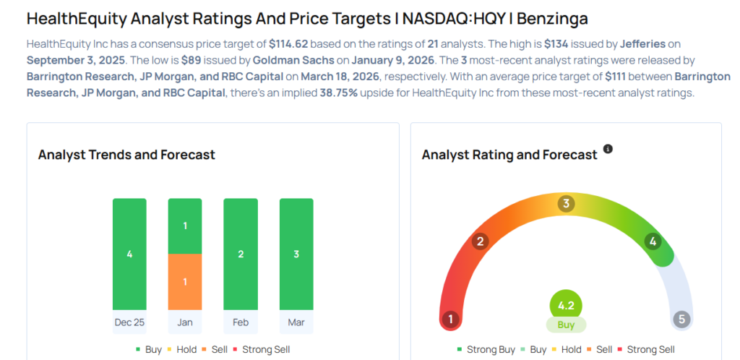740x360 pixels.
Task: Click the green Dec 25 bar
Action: (129, 254)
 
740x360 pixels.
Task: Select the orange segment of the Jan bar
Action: (185, 281)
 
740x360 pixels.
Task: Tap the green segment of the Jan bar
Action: (185, 226)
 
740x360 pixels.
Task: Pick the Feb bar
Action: (241, 254)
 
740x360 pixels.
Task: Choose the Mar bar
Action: (296, 254)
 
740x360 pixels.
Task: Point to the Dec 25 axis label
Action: (129, 322)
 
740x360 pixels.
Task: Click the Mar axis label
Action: (296, 322)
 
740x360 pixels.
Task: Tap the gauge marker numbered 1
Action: (450, 319)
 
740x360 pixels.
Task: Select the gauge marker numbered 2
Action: (479, 241)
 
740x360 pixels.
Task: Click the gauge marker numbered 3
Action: (566, 204)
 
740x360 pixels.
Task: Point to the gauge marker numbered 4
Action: (653, 241)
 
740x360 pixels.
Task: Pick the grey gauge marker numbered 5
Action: (681, 319)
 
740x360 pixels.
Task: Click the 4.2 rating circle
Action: (566, 305)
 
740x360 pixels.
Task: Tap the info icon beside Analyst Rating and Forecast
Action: (608, 149)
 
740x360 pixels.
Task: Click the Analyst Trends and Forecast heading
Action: (126, 155)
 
